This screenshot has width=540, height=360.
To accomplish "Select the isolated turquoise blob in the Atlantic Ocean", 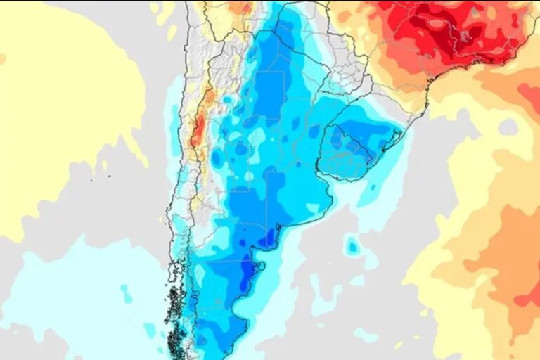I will tap(352, 246).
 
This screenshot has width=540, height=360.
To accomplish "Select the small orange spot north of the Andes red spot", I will tap(208, 94).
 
